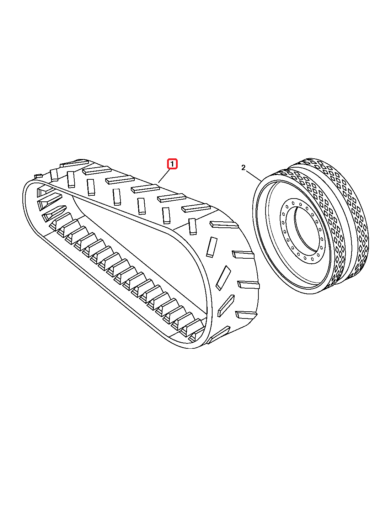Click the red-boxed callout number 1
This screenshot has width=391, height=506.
point(172,164)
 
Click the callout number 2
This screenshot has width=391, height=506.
point(243,168)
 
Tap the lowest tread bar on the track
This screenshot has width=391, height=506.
point(218,335)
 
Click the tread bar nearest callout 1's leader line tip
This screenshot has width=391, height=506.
point(144,189)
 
